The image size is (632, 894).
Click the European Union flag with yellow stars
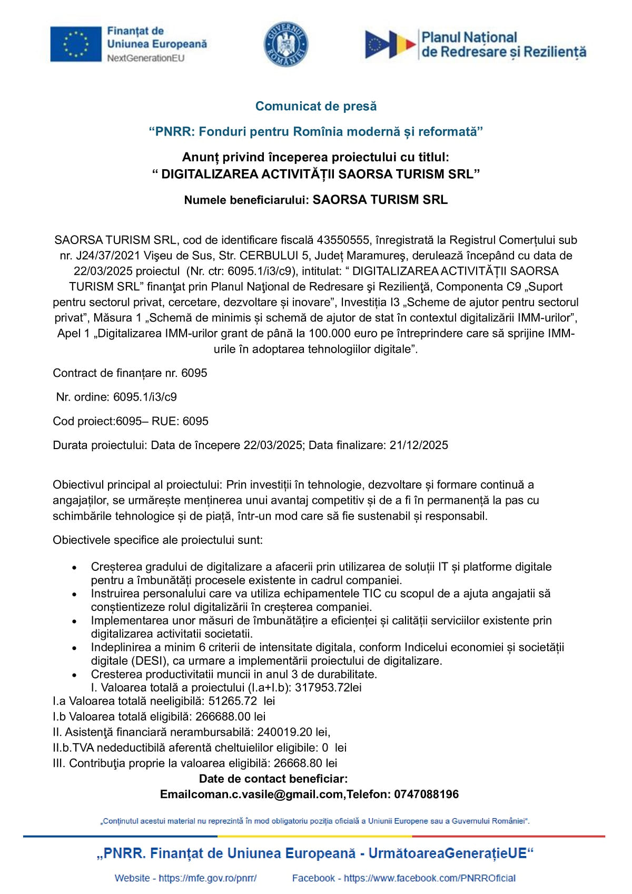coord(76,44)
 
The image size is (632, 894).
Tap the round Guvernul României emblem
coord(286,44)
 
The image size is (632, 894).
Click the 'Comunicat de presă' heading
coord(316,106)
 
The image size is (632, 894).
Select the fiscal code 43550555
coord(343,240)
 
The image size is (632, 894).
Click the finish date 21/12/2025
coord(419,445)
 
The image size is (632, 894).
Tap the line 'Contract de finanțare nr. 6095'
coord(130,373)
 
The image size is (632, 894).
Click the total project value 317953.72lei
coord(328,687)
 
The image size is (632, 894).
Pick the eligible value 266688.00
coord(223,716)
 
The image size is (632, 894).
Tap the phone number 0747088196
coord(426,794)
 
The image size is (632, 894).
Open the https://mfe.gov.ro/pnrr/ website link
coord(208,878)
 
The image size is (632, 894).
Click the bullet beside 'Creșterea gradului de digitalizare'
coord(75,568)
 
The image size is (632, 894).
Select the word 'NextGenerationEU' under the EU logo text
coord(146,58)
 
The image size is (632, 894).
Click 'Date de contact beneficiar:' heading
coord(273,779)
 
